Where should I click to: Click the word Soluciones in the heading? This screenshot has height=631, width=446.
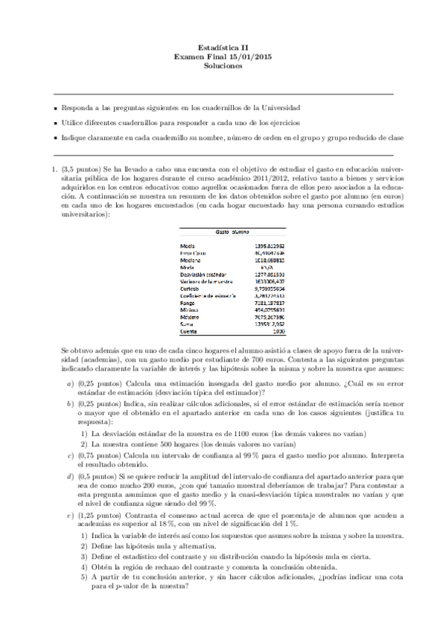tap(223, 65)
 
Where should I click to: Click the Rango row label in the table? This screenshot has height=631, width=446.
tap(189, 304)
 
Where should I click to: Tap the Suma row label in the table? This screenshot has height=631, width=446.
tap(188, 325)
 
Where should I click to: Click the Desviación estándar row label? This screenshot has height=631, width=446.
tap(203, 275)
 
